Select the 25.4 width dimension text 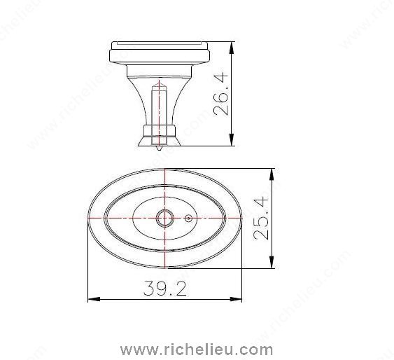click(261, 218)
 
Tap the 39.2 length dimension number click(165, 289)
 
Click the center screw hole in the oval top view click(164, 219)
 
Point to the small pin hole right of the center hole click(189, 219)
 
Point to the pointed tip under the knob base click(160, 148)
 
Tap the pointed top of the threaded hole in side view click(160, 83)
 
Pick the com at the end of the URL click(258, 349)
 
